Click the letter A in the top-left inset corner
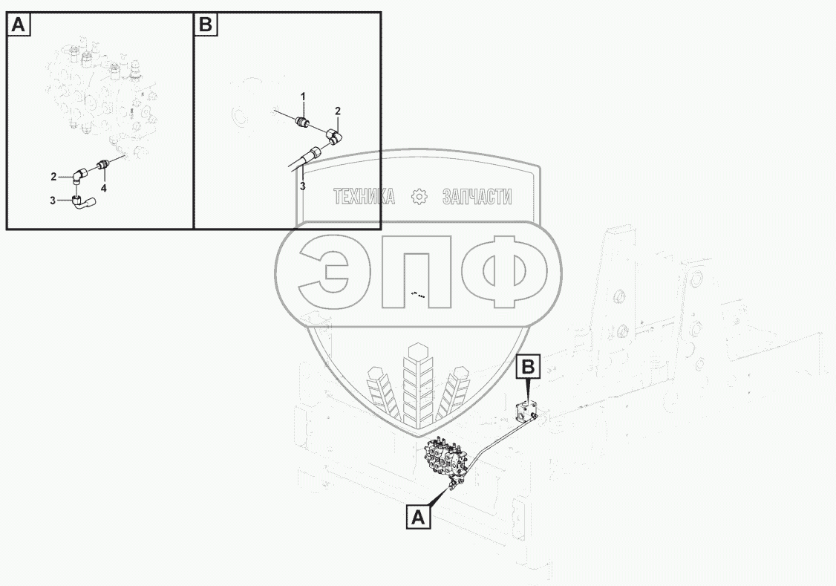(x=19, y=25)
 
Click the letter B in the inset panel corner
(x=205, y=25)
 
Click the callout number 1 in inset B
(x=302, y=97)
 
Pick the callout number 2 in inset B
(x=337, y=111)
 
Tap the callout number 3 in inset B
(x=302, y=185)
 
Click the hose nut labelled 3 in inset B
(x=314, y=152)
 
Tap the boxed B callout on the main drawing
(x=528, y=366)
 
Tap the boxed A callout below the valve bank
(x=419, y=517)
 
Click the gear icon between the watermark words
(x=419, y=197)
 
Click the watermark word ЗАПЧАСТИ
(x=477, y=197)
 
